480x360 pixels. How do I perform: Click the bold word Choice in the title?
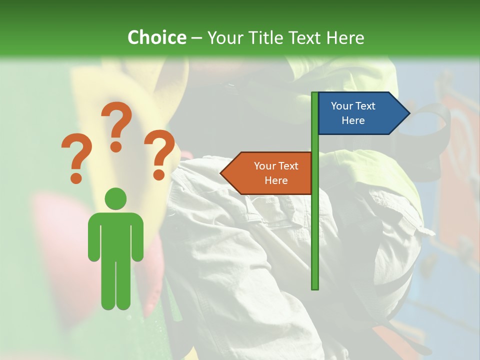[156, 37]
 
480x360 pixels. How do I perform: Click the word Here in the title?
[345, 37]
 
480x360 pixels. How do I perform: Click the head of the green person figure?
[115, 198]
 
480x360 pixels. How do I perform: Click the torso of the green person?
[115, 235]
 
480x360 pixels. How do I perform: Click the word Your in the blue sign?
[342, 106]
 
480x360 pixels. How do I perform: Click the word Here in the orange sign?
[276, 180]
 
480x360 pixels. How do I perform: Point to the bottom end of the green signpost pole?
[315, 287]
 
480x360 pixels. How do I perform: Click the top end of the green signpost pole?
[315, 94]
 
